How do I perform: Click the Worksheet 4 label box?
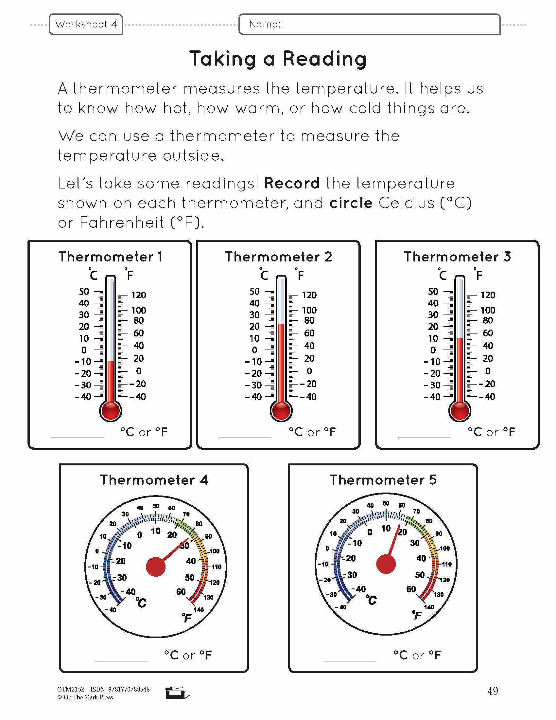coord(86,24)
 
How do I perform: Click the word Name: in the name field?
coord(265,24)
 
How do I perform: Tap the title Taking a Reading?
coord(278,59)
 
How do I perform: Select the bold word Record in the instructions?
coord(292,183)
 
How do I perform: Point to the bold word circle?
coord(351,203)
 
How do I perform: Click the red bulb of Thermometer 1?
coord(111,411)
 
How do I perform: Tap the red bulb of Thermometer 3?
coord(460,411)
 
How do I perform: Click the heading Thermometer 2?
coord(278,257)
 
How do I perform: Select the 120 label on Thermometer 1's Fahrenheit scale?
coord(139,295)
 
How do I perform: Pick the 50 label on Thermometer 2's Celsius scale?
coord(254,291)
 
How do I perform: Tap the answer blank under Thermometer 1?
coord(77,438)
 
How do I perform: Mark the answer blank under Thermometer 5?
coord(350,661)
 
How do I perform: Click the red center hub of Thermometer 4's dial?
coord(155,567)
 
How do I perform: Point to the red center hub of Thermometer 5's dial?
coord(386,564)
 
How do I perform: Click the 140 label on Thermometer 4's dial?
coord(199,610)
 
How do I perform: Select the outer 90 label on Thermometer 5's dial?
coord(439,534)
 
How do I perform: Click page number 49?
coord(493,691)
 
